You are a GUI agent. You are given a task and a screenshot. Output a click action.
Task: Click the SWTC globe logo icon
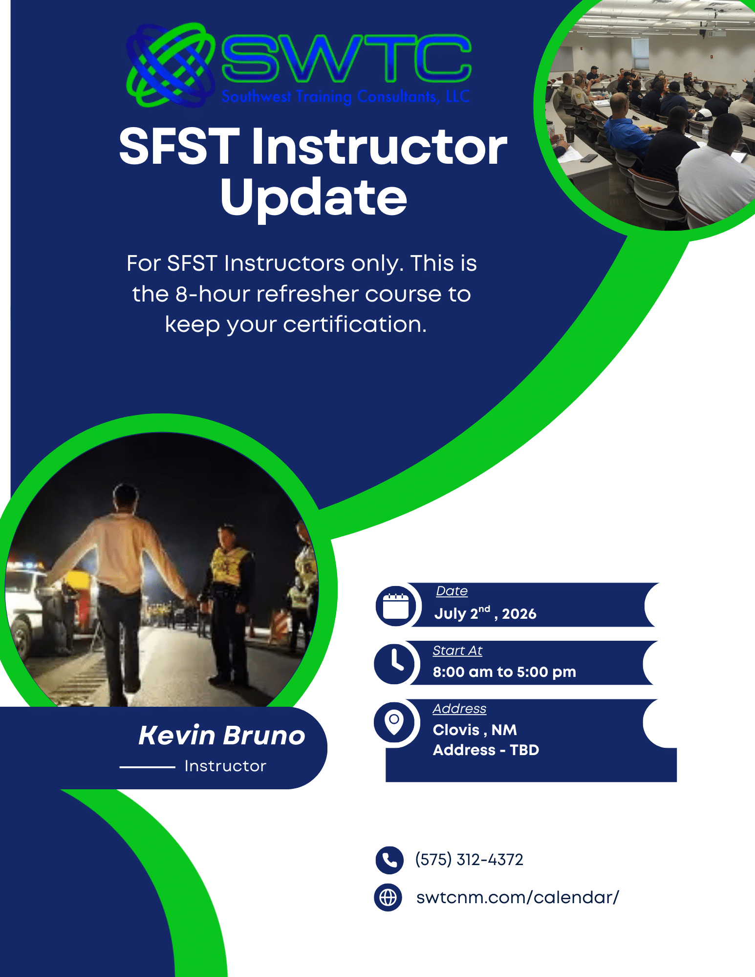point(170,65)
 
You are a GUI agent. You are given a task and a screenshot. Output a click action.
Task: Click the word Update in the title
point(313,197)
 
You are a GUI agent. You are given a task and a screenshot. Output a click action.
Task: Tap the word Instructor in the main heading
point(379,146)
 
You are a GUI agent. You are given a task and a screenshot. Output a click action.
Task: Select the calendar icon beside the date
point(396,606)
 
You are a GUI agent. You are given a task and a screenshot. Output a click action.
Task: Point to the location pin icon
point(394,722)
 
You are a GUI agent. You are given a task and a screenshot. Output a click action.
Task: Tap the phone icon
point(389,860)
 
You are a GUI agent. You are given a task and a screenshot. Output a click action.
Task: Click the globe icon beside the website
point(388,897)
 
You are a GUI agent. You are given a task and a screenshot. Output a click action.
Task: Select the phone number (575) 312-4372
point(469,859)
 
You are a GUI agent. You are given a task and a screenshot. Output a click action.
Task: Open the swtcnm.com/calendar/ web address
point(518,897)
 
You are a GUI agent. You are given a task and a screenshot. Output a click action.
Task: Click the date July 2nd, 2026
point(485,613)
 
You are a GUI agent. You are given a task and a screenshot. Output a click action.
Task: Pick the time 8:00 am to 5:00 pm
point(504,672)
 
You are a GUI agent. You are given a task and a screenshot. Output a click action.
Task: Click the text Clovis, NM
point(475,730)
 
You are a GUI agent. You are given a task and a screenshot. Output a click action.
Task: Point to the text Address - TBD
point(486,750)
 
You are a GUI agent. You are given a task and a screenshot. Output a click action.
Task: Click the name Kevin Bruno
point(222,735)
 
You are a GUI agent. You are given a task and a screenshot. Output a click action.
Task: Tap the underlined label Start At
point(457,651)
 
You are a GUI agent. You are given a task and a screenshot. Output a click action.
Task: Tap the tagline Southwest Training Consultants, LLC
point(345,96)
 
